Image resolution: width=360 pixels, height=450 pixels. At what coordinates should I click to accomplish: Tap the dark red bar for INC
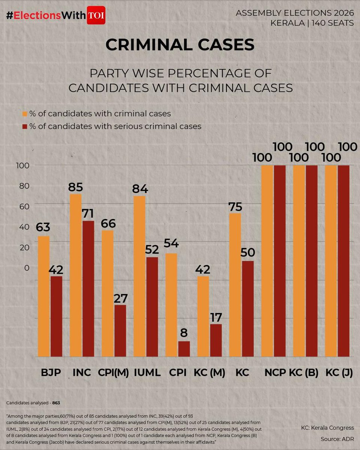click(88, 288)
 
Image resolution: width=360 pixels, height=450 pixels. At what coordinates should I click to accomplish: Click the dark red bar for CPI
click(184, 348)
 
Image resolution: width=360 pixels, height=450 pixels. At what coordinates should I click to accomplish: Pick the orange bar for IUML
click(139, 276)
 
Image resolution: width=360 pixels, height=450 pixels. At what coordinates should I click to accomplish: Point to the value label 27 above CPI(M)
click(120, 298)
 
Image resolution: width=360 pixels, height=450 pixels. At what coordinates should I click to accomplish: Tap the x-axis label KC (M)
click(210, 373)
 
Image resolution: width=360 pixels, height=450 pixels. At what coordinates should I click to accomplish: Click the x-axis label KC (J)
click(339, 373)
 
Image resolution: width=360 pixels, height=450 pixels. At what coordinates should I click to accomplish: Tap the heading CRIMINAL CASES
click(180, 45)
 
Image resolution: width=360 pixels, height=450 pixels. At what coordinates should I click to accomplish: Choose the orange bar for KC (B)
click(299, 261)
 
